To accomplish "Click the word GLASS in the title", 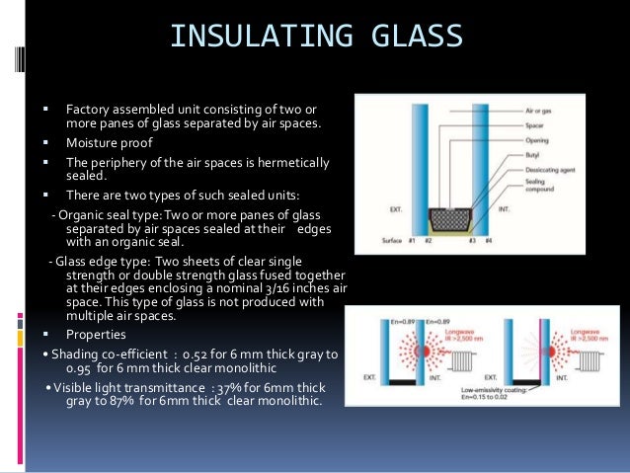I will pyautogui.click(x=411, y=37).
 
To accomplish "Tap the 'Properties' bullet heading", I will pyautogui.click(x=95, y=333).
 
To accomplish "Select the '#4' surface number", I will pyautogui.click(x=491, y=242).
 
